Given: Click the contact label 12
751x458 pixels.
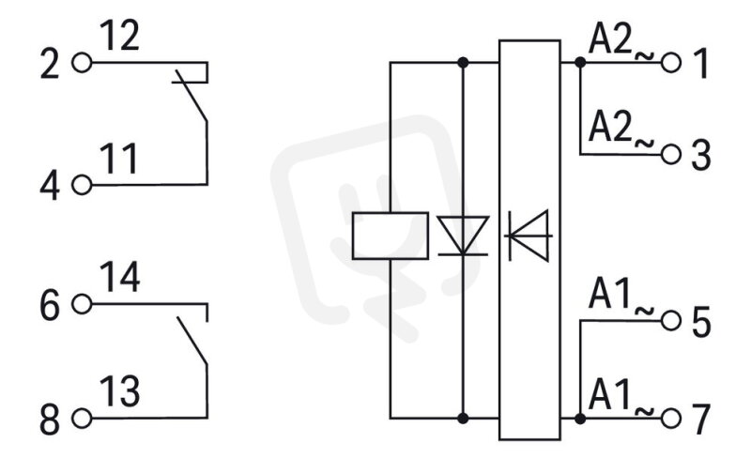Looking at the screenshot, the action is point(120,36).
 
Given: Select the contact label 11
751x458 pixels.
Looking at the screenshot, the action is point(119,158).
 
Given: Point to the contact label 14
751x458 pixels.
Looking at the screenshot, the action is point(120,277).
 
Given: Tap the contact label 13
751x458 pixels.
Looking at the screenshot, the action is point(120,391).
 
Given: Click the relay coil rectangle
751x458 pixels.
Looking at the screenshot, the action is point(391,237).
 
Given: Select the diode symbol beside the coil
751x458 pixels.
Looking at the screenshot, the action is point(463,236).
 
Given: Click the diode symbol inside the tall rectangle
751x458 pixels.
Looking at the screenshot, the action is point(529,236).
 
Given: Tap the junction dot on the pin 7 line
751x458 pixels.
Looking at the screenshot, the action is point(580,419).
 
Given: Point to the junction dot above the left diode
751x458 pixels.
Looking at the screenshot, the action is point(463,62).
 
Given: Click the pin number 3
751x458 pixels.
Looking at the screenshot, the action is point(701,156).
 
